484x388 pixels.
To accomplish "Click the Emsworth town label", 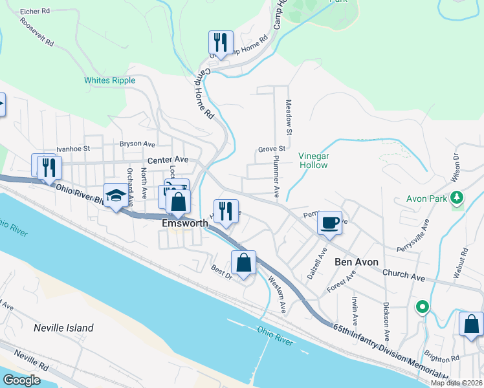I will (x=184, y=224).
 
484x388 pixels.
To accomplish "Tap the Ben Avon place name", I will (x=355, y=262).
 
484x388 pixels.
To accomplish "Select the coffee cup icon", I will (x=329, y=223).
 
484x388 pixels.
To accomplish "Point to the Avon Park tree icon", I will (x=457, y=197).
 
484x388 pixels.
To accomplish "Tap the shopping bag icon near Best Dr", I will (x=243, y=263).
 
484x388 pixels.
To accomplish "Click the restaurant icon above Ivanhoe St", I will (x=49, y=167).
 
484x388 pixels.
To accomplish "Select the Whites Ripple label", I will (x=109, y=80).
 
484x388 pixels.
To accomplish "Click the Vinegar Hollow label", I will (x=314, y=160).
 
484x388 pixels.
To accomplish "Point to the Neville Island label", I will (x=63, y=328).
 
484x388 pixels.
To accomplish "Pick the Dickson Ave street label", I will (x=386, y=322).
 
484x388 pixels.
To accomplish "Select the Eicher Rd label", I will (x=35, y=12).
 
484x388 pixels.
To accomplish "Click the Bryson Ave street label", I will (x=137, y=144).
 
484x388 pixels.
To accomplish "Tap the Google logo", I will (x=21, y=380).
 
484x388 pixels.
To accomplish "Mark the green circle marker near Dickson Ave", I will (x=423, y=307).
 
